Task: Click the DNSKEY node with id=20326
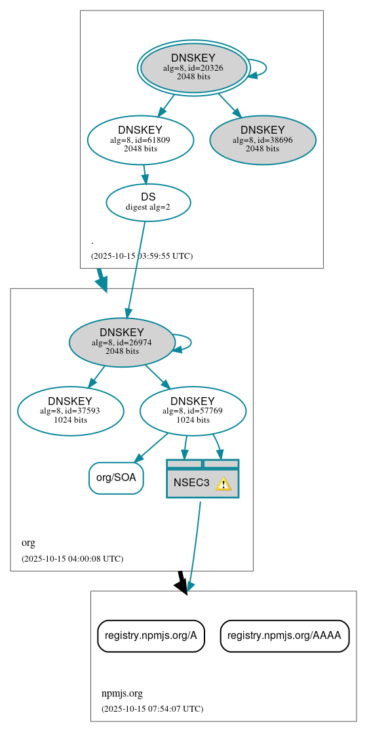tap(193, 67)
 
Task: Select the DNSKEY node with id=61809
tap(140, 140)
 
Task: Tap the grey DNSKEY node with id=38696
tap(263, 140)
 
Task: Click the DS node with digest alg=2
tap(148, 202)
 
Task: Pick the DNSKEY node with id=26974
tap(122, 342)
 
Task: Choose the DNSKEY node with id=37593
tap(70, 411)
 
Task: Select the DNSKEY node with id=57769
tap(193, 411)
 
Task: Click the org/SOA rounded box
tap(116, 478)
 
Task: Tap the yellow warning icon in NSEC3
tap(223, 484)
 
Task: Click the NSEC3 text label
tap(191, 483)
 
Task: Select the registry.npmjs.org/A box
tap(151, 636)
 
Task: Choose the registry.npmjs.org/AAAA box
tap(284, 636)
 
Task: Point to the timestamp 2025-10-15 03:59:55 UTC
tap(142, 256)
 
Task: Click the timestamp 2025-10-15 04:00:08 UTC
tap(72, 559)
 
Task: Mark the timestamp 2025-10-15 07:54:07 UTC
tap(152, 708)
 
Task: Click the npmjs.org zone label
tap(121, 693)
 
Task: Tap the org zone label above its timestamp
tap(28, 543)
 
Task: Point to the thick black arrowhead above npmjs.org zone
tap(182, 585)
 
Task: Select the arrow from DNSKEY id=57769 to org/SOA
tap(150, 448)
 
